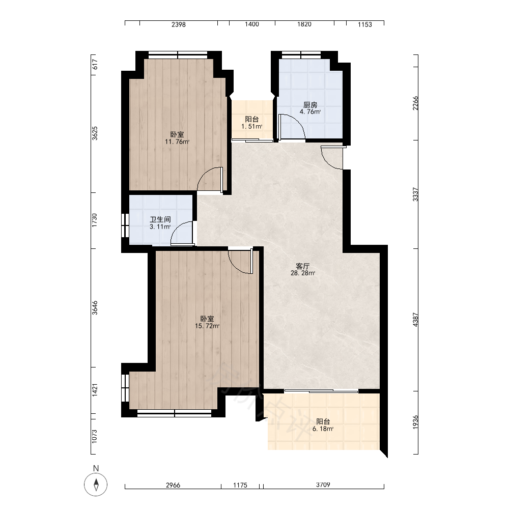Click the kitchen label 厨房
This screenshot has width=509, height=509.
[x=310, y=105]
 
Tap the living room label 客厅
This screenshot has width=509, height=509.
[x=302, y=266]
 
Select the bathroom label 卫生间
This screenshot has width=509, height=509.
[x=160, y=220]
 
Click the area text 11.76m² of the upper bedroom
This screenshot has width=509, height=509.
[x=177, y=142]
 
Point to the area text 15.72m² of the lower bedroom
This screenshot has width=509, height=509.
[x=207, y=326]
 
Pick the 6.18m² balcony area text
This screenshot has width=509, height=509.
[x=323, y=429]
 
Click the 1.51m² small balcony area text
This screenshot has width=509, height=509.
[x=252, y=127]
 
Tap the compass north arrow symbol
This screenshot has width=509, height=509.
[x=96, y=485]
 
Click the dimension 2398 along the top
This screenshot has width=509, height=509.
[x=179, y=24]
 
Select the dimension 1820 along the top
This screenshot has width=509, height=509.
[x=304, y=24]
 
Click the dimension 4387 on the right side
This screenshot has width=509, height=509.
[x=415, y=320]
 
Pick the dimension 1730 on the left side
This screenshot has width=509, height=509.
[x=95, y=220]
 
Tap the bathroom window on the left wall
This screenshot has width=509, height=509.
[x=125, y=225]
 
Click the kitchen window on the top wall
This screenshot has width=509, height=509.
[x=301, y=55]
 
